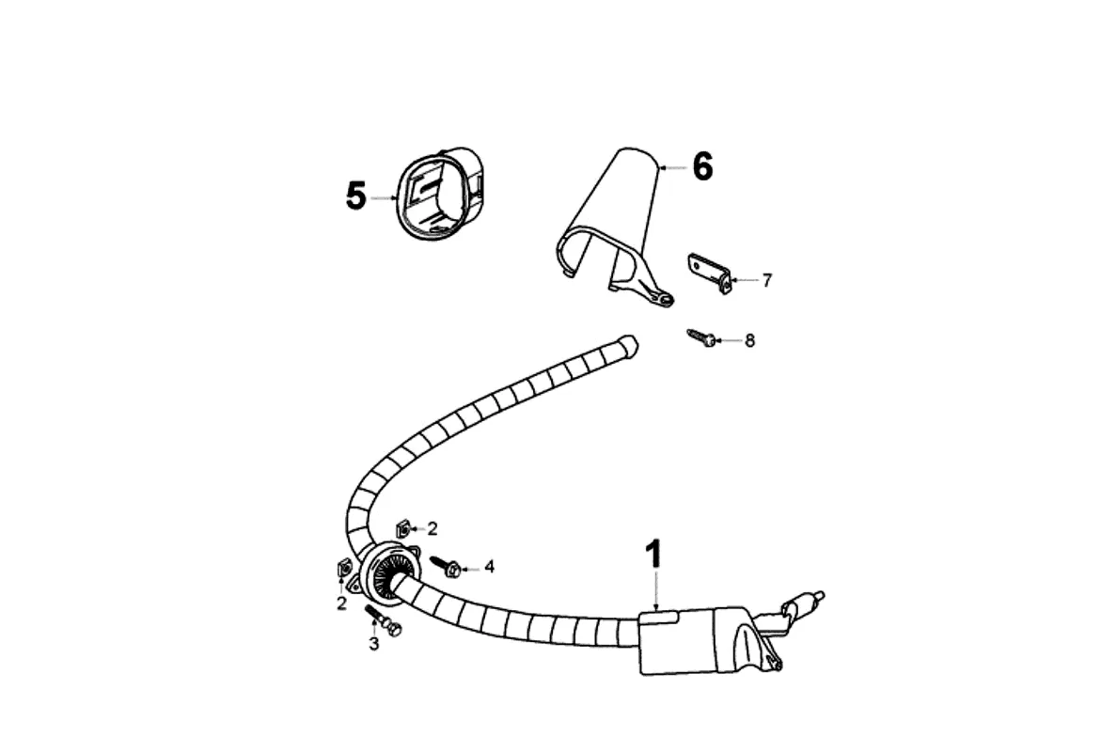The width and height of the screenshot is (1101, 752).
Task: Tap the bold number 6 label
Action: click(702, 167)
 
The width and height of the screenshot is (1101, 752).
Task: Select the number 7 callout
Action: click(767, 280)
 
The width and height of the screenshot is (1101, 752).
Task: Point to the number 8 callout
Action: click(749, 341)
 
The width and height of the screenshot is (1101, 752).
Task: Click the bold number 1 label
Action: click(653, 555)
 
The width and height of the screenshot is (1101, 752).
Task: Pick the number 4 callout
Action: click(489, 567)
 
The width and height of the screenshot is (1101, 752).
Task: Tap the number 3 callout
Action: click(373, 644)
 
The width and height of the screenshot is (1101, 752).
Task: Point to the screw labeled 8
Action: click(701, 337)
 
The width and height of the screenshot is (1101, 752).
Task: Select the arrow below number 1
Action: click(657, 592)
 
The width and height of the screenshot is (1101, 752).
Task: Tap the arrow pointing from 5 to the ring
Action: click(385, 197)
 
